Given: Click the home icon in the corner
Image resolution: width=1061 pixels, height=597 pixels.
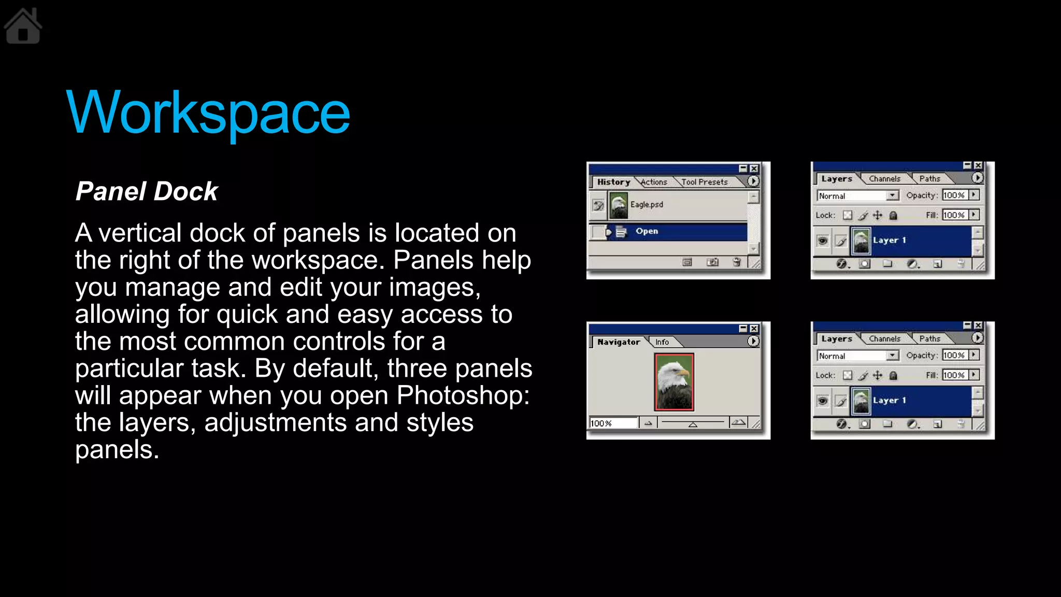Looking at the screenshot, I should point(23,26).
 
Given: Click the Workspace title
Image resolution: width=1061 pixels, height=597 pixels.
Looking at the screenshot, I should point(208,113).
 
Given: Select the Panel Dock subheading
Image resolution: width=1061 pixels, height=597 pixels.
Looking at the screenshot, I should point(147,191).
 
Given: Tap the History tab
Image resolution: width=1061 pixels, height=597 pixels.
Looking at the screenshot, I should point(613,182).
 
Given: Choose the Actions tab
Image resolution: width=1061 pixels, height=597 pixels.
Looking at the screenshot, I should point(654,182).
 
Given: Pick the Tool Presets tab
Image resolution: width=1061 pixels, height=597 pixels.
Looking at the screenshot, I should point(705,182).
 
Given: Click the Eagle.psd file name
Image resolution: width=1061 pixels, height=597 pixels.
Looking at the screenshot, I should point(647,205).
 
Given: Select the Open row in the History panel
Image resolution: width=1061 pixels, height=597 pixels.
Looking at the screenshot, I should point(668,231).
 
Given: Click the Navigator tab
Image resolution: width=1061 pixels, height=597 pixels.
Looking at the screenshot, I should point(619,342).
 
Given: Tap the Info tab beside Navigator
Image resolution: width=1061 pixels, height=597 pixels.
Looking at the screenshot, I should point(662,342).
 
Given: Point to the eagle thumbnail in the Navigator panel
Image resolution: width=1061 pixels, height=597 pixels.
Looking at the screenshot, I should point(674,382).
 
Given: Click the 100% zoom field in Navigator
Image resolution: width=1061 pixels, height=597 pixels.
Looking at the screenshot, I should point(613,423).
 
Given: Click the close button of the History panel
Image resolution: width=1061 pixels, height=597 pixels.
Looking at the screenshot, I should point(754,168).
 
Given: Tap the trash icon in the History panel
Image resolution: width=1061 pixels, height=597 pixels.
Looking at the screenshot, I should point(737,262).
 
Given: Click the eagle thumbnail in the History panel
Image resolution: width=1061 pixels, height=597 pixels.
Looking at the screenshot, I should point(619,205).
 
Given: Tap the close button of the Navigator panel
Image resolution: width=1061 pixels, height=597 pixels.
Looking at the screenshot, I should point(754,329).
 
